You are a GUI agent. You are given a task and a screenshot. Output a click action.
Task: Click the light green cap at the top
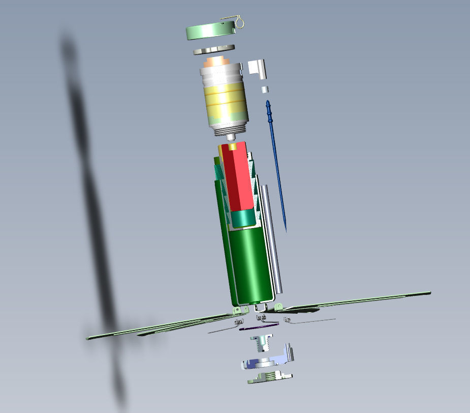coord(208,32)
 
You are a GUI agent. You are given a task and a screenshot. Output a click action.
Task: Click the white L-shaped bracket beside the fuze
coord(258,68)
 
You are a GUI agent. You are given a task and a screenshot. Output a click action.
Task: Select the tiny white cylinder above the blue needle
coord(265,90)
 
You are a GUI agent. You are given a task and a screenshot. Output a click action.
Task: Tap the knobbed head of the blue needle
coord(268,108)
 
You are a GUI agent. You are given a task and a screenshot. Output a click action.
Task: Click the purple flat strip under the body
coord(259,326)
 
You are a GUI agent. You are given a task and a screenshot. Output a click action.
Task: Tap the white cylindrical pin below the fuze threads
coord(231,137)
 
